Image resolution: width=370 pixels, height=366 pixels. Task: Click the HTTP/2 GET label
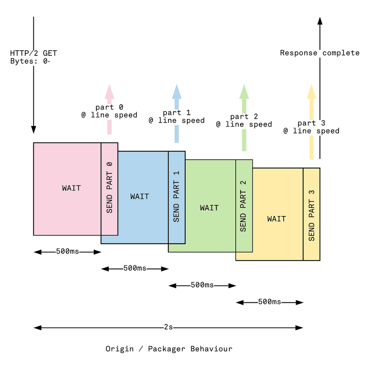point(34,54)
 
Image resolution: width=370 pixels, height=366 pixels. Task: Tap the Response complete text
point(320,53)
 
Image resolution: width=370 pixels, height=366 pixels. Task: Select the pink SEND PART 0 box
point(110,189)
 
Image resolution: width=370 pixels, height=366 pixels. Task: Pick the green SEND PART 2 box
point(244,206)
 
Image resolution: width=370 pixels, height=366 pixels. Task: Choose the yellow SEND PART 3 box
point(312,214)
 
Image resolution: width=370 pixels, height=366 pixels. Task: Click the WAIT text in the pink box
point(71,188)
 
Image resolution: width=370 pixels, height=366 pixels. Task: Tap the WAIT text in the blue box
point(139,196)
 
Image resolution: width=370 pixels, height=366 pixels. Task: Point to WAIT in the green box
point(209,208)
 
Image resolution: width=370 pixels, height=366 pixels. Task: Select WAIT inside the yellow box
point(277,219)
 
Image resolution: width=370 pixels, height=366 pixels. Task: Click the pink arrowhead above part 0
point(109,91)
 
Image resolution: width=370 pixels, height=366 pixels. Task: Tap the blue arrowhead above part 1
point(176,91)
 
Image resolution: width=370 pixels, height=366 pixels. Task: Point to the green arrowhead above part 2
point(244,91)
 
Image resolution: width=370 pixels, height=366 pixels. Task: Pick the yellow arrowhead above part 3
point(312,91)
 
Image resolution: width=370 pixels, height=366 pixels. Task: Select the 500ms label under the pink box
point(67,252)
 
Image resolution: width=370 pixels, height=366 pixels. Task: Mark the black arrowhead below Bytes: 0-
point(34,129)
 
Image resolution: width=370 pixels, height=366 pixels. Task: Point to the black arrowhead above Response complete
point(320,21)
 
